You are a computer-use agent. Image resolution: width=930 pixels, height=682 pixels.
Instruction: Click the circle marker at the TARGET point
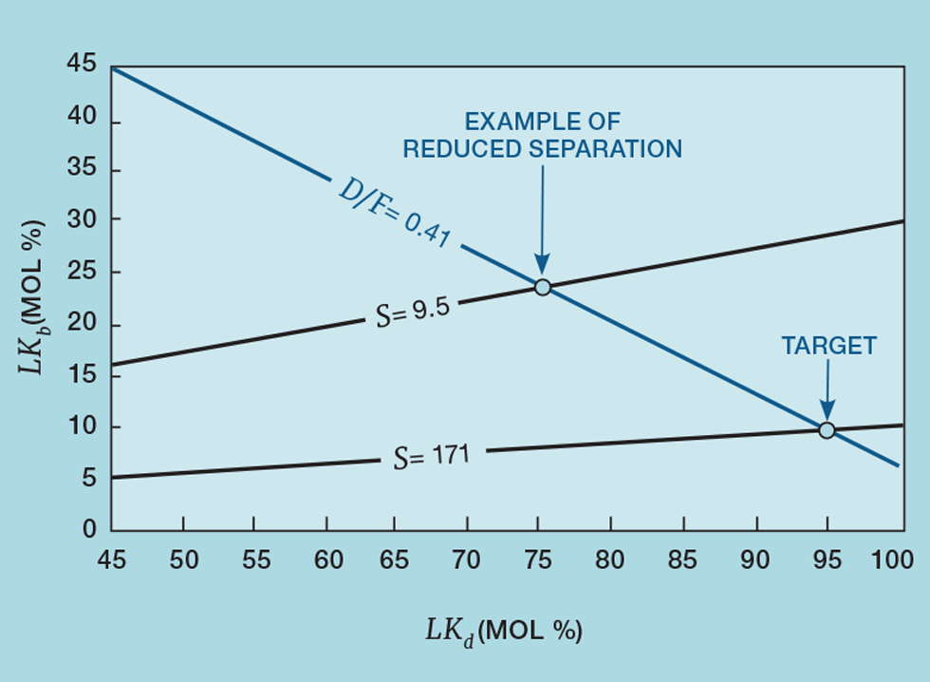827,430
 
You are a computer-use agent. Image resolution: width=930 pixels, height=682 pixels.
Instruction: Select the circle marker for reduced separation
542,287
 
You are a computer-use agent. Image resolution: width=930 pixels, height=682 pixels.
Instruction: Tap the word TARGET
828,347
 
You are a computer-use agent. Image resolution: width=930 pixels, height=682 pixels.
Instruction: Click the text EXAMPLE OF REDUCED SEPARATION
542,136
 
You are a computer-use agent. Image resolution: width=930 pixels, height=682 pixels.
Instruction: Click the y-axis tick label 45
81,65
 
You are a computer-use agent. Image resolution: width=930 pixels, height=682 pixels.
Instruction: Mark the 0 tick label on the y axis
89,529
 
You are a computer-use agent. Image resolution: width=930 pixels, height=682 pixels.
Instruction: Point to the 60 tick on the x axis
327,560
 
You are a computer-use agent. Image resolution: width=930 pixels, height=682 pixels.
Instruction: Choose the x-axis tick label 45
112,560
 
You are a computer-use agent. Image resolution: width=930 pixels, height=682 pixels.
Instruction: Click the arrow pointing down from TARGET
827,389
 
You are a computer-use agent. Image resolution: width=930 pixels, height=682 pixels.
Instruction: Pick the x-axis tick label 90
755,560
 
